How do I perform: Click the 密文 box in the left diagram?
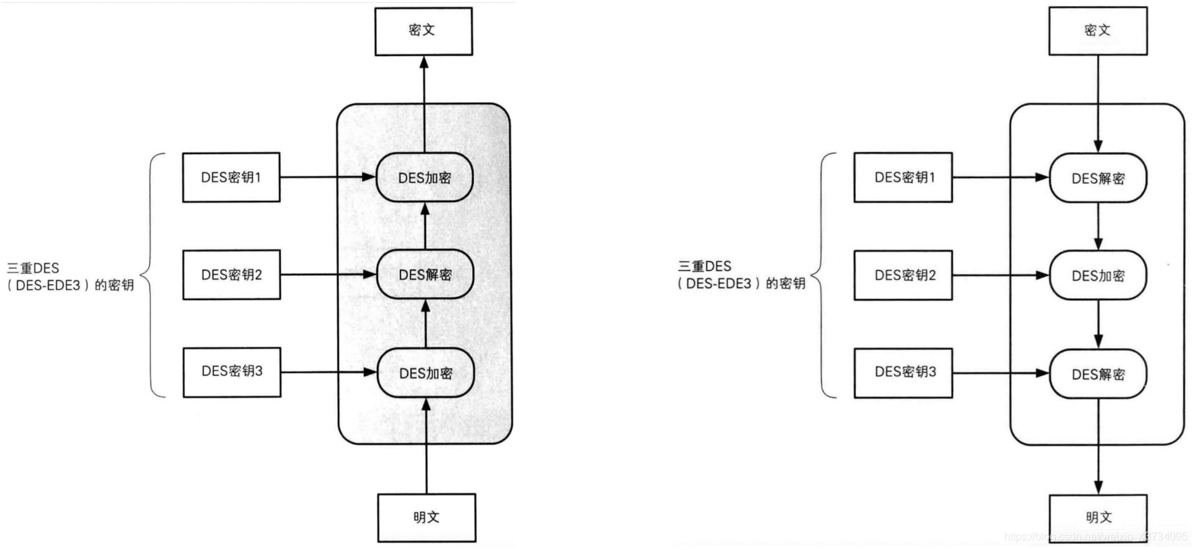click(423, 31)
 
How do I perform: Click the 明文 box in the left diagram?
click(426, 517)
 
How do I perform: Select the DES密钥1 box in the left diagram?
click(231, 177)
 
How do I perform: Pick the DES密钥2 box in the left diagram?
click(232, 274)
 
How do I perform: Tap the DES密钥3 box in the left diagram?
click(232, 372)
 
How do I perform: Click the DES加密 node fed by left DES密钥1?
click(424, 178)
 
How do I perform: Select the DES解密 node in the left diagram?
click(425, 274)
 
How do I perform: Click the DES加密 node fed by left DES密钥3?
click(425, 373)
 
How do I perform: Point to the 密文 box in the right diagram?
click(1097, 31)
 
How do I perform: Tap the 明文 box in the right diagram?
click(1098, 517)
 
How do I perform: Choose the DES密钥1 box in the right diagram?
click(903, 177)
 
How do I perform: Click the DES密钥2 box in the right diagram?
click(903, 275)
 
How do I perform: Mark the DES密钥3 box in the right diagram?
click(903, 373)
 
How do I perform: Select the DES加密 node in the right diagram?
click(1097, 276)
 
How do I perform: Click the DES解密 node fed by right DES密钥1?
click(1097, 178)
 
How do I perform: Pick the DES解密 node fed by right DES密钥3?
click(1097, 374)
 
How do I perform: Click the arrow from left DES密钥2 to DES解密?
click(328, 274)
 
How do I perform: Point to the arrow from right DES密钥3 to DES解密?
click(1000, 373)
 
